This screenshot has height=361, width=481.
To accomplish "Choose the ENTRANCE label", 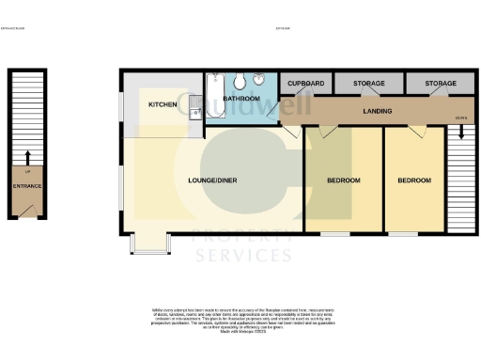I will point(25,186).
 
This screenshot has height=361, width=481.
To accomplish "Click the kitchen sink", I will point(194,114).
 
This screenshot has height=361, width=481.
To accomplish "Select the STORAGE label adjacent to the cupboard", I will point(368,84).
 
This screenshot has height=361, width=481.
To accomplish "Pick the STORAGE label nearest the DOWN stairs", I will point(440,84).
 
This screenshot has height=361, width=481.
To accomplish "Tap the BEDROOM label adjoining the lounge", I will point(344,180).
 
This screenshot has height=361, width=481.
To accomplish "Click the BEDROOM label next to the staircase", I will point(413,180).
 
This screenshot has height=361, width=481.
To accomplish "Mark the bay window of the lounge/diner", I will point(146,243).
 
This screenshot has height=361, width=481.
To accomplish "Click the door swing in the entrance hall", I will point(31,207).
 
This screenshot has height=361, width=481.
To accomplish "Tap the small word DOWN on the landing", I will point(460,118).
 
